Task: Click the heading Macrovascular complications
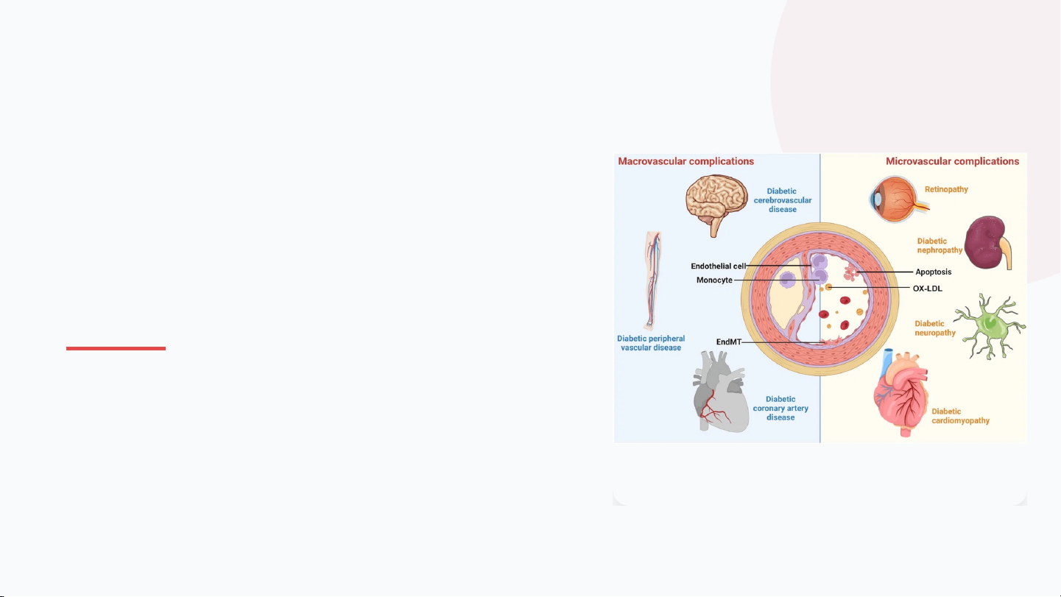point(685,161)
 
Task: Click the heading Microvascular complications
point(952,161)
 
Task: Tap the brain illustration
point(717,202)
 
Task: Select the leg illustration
point(650,280)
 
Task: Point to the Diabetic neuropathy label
point(935,328)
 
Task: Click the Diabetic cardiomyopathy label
point(960,416)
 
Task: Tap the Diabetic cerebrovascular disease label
point(783,200)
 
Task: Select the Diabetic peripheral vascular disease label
point(651,343)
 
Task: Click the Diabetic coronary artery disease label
point(780,408)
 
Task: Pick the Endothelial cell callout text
point(718,266)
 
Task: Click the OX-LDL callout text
point(928,288)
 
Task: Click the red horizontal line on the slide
point(116,348)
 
